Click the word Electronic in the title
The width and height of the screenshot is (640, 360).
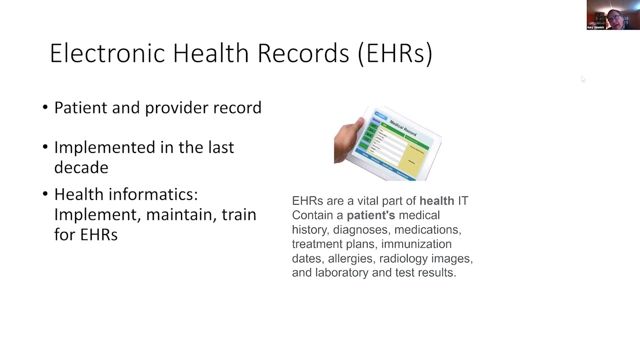click(107, 53)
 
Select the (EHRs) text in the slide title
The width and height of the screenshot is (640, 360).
click(395, 53)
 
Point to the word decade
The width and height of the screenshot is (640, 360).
click(81, 167)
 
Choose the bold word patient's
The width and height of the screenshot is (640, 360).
click(370, 215)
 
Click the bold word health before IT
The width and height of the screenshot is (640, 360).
click(436, 201)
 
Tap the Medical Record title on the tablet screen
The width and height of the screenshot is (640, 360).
click(402, 128)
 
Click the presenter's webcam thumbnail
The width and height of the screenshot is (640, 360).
click(612, 15)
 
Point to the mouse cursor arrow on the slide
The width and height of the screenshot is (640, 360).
click(582, 79)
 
